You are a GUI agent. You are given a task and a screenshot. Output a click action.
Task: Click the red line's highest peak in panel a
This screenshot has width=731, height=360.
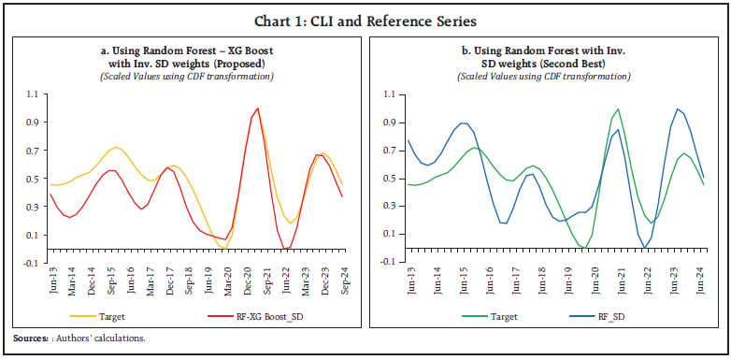[x=257, y=108]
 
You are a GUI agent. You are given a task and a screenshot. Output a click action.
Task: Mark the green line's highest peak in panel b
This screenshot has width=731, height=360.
[x=617, y=108]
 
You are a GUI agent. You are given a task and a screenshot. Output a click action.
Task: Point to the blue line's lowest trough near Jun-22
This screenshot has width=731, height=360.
[x=645, y=248]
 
